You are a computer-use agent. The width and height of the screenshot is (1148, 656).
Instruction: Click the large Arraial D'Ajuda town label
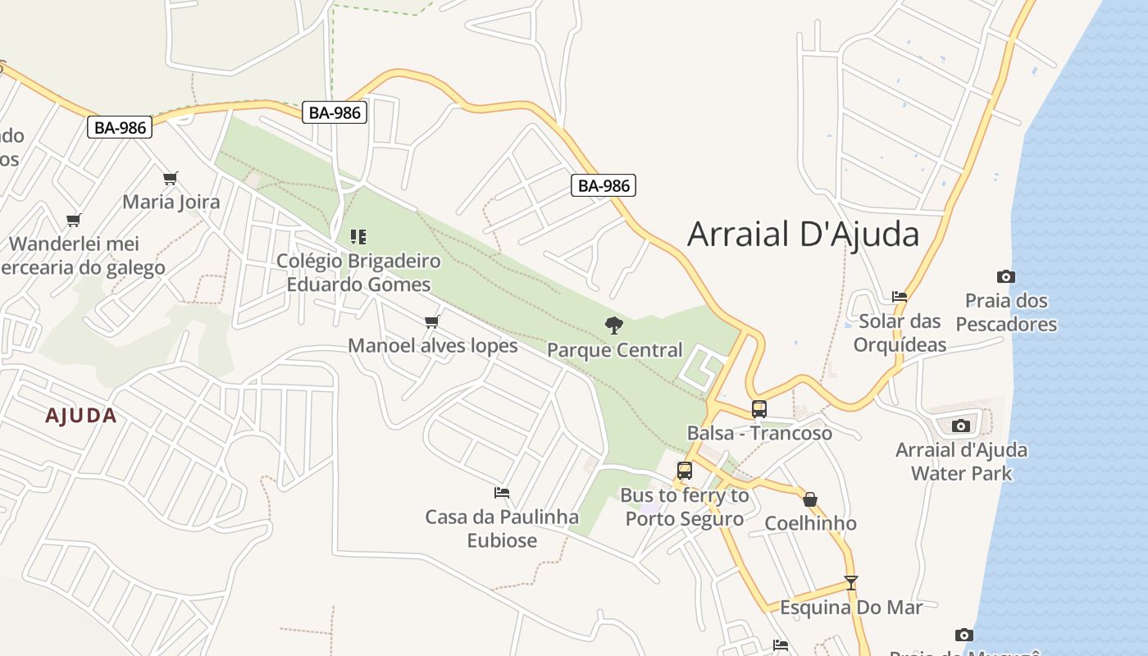coord(803,235)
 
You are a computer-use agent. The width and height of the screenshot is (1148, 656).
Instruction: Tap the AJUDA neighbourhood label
coord(81,416)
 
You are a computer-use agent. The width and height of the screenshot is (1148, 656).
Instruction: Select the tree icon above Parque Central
coord(614,326)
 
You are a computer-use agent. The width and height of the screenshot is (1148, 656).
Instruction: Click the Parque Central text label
coord(614,350)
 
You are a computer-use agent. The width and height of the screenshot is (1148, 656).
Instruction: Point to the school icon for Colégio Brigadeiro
coord(358,237)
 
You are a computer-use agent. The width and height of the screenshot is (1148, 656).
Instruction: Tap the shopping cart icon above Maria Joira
coord(171,178)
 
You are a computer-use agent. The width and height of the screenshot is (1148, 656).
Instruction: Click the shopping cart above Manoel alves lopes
coord(432,321)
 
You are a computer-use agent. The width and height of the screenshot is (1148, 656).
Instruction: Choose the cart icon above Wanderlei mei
coord(74,220)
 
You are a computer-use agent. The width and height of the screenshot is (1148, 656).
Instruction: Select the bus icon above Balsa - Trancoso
coord(759,408)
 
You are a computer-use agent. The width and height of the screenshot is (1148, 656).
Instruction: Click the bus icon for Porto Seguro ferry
coord(685,471)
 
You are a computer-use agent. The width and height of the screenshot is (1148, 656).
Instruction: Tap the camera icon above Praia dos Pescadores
coord(1006,276)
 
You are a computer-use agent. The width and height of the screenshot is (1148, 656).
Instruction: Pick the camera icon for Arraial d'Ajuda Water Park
coord(961,426)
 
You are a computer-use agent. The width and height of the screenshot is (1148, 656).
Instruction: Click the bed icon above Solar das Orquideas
coord(900,297)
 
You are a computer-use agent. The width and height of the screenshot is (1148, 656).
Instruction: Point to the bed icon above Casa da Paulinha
coord(502,493)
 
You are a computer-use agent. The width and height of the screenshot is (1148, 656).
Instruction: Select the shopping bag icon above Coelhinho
coord(810,499)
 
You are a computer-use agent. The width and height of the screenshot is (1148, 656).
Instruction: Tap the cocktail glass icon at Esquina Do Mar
coord(851,583)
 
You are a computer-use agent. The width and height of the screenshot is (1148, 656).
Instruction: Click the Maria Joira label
coord(171,202)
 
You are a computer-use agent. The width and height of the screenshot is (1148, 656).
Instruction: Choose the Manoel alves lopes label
coord(433,345)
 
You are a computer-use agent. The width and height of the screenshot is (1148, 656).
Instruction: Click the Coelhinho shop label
coord(810,523)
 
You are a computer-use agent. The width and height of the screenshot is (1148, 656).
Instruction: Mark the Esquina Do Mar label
coord(851,608)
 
